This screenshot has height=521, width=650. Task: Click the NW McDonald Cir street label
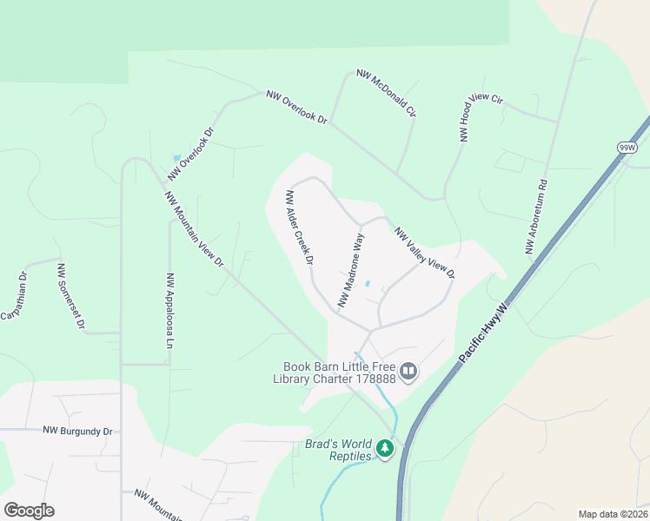tap(387, 95)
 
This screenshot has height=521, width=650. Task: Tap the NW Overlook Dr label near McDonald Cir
tap(296, 107)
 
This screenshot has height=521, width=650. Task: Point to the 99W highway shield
tap(627, 148)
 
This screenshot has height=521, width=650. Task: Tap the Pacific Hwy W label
tap(490, 333)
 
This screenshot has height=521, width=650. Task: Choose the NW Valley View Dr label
tap(425, 254)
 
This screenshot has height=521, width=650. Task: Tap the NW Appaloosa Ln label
tap(169, 311)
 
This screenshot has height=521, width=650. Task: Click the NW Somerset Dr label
tap(70, 296)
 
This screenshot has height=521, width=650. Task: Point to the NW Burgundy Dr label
tap(78, 431)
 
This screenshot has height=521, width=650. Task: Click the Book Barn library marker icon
tap(408, 373)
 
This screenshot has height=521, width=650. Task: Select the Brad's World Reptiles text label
tap(337, 450)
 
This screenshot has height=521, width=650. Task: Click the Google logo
tap(29, 511)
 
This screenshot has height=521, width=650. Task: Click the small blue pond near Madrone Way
tap(368, 283)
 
